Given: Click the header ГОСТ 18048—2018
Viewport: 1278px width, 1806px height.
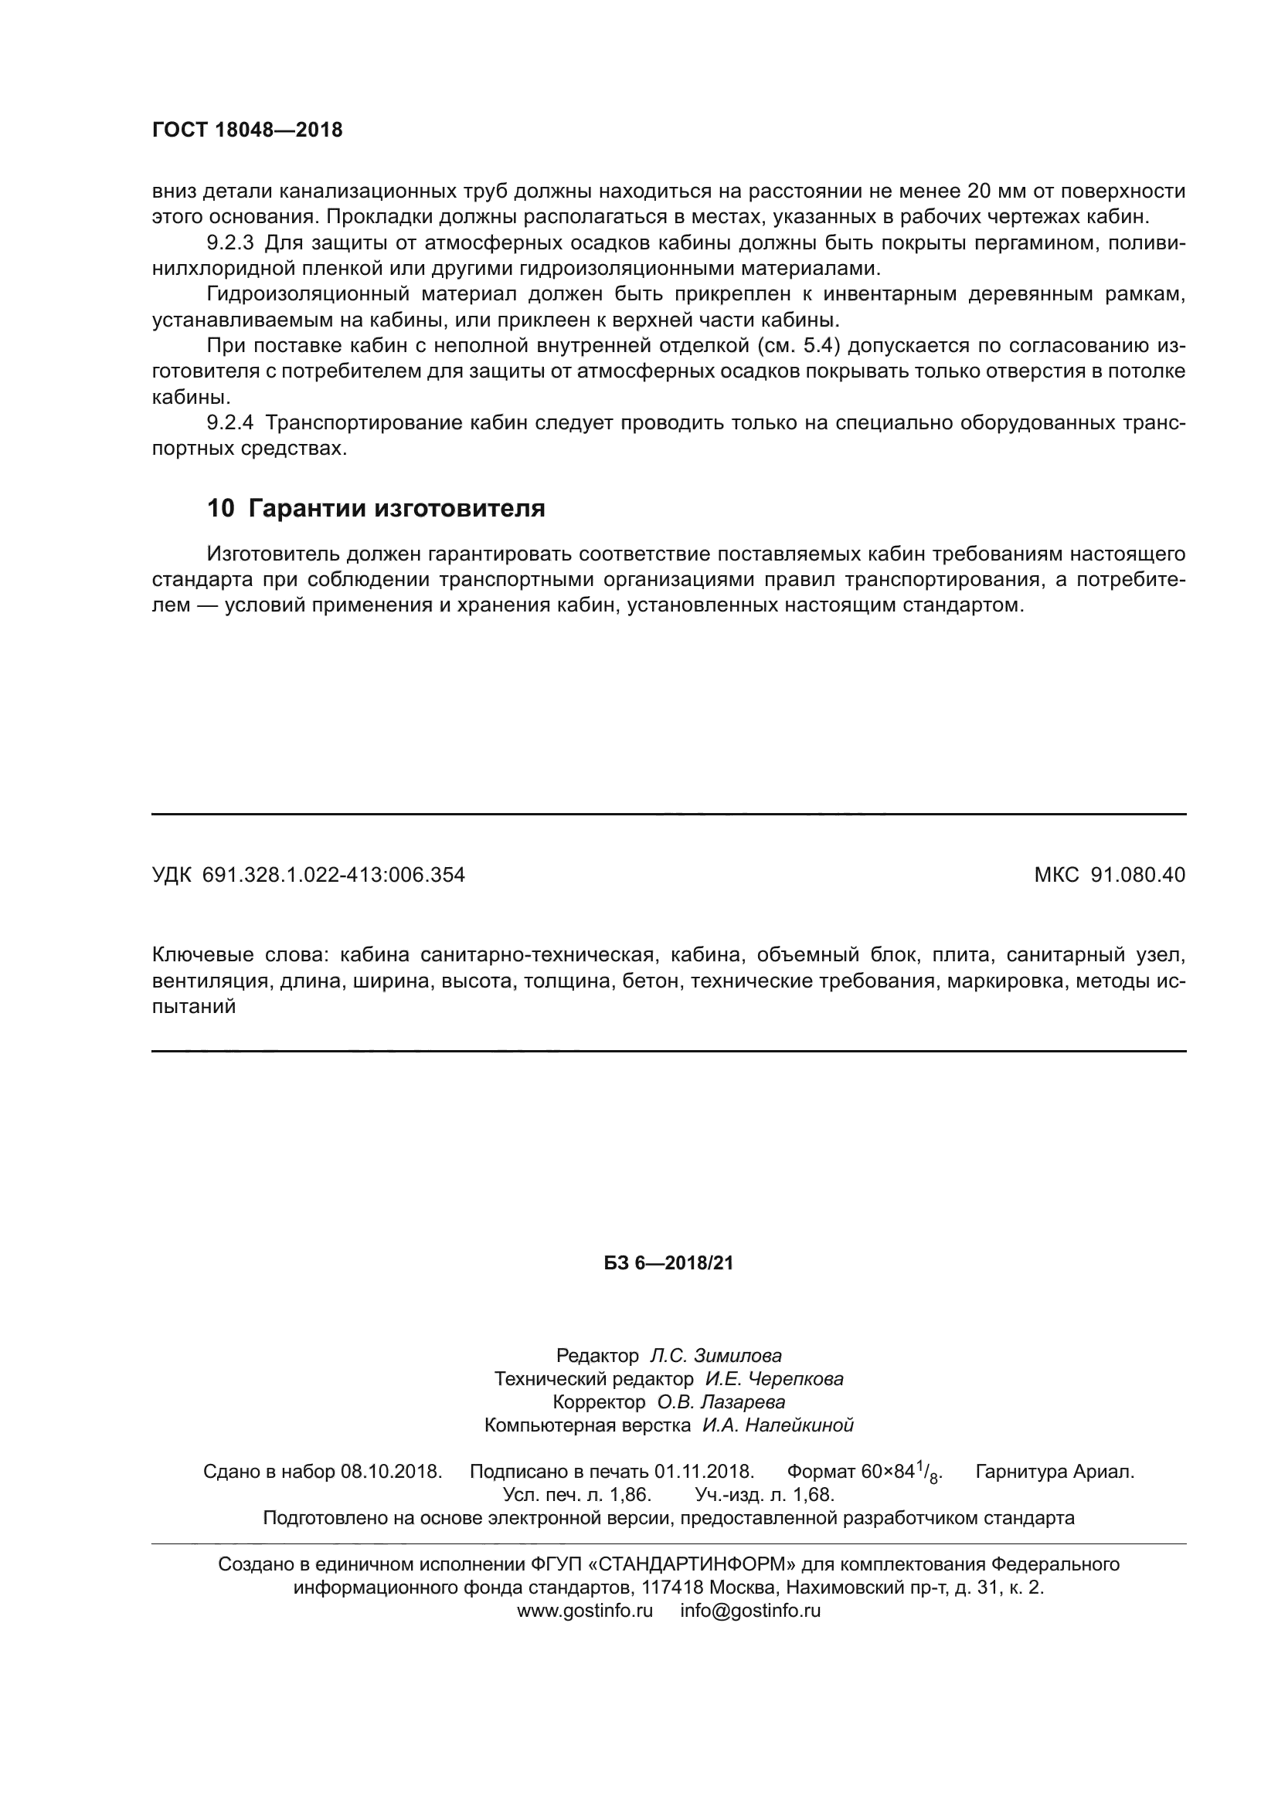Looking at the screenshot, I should [x=247, y=130].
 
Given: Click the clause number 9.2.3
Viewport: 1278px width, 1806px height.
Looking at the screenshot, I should [x=229, y=243].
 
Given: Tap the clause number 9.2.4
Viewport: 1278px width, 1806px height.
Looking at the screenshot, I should [x=229, y=423].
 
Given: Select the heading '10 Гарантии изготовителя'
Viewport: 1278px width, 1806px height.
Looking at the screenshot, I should [x=376, y=509].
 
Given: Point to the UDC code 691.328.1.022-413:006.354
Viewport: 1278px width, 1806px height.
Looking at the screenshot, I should [x=334, y=875].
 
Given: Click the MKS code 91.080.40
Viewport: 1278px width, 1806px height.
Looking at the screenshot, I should [x=1137, y=875].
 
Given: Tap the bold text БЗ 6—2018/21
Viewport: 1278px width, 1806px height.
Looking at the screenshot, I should [x=668, y=1264].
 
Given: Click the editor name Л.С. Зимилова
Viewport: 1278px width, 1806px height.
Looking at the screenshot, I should [x=715, y=1356].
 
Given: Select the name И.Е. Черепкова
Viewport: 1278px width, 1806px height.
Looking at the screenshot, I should [x=773, y=1379].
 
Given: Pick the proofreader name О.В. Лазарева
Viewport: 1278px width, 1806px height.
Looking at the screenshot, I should [x=721, y=1401].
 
